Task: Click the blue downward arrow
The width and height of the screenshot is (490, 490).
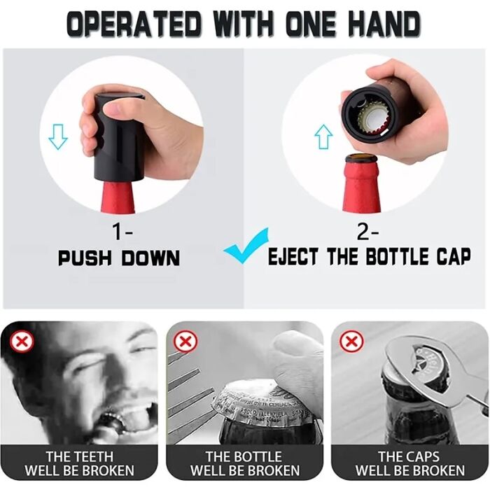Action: tap(58, 136)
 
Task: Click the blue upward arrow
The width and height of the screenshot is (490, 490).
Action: tap(323, 136)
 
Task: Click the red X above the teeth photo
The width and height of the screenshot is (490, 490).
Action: tap(22, 342)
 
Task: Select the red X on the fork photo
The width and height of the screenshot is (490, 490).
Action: tap(185, 342)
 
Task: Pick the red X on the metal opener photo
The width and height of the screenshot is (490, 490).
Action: tap(351, 342)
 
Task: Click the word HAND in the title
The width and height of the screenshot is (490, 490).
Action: tap(384, 24)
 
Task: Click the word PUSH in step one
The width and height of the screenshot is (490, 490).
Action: tap(85, 258)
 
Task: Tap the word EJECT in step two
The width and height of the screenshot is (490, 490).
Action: tap(293, 257)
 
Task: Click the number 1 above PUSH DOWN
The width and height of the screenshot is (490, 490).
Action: tap(118, 232)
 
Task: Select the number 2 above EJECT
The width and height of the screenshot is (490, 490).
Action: tap(363, 232)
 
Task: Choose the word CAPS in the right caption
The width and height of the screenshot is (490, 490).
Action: tap(424, 456)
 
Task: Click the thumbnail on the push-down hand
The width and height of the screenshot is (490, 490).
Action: tap(111, 109)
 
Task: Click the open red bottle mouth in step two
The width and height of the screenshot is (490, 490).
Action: tap(361, 158)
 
